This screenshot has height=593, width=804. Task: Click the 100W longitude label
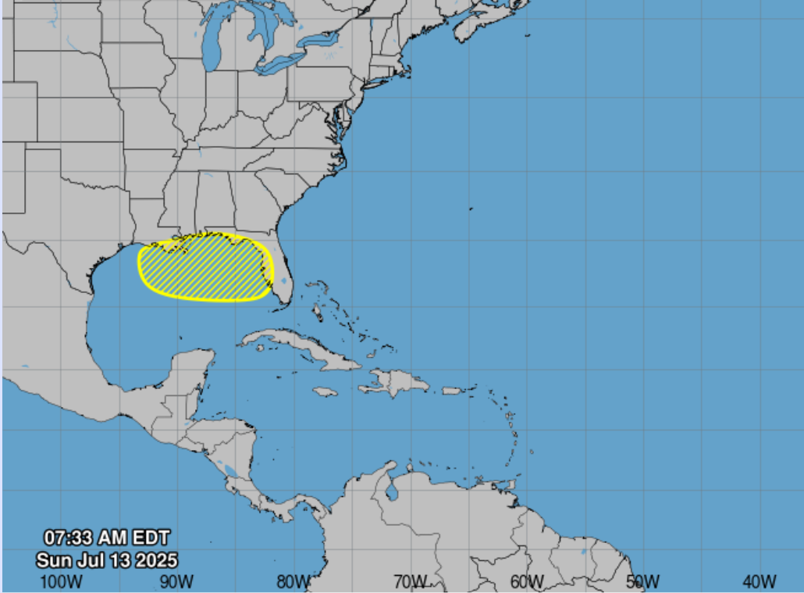(61, 581)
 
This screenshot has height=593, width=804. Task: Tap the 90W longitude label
(176, 581)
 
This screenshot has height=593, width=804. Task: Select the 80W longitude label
(293, 581)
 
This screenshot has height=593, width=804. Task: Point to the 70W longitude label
(410, 581)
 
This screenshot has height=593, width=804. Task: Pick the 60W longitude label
(527, 581)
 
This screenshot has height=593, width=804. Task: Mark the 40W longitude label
(759, 581)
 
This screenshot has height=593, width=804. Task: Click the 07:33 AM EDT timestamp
(106, 538)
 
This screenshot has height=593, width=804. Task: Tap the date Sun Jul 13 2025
(106, 560)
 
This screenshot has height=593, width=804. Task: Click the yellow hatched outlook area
(205, 268)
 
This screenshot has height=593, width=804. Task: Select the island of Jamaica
(325, 391)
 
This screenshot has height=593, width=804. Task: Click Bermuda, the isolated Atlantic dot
(471, 209)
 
